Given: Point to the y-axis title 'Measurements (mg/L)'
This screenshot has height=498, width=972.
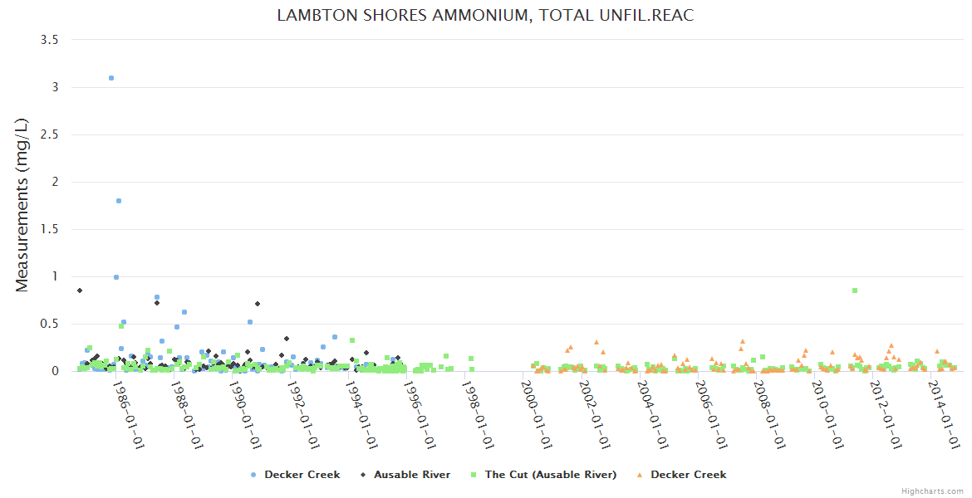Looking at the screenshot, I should click(22, 205).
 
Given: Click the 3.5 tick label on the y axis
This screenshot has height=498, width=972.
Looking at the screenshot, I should click(49, 40).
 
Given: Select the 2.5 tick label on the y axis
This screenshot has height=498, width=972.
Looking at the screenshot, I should click(49, 134).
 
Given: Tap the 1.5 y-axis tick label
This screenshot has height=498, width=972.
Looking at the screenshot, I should click(49, 229).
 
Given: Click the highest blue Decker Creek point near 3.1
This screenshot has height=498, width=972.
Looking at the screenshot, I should click(111, 78).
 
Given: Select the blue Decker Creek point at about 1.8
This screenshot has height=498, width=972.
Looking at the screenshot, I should click(119, 201).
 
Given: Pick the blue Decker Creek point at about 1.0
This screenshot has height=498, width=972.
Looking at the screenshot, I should click(116, 277).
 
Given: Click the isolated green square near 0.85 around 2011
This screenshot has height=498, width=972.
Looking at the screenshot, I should click(854, 290).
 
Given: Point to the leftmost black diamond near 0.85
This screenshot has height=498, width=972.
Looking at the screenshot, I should click(80, 290).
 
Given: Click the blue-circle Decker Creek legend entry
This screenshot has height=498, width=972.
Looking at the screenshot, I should click(302, 475).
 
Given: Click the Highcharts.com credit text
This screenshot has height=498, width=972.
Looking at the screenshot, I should click(932, 491).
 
